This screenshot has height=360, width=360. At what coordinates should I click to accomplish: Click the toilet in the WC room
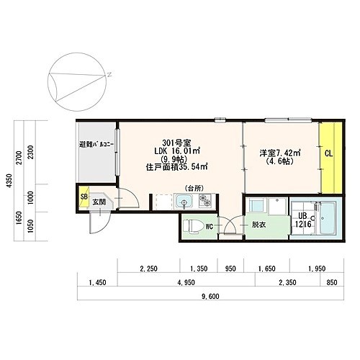[x=192, y=226]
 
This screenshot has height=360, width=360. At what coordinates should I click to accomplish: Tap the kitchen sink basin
[x=184, y=201]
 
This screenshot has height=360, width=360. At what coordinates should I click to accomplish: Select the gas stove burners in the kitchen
[x=205, y=200]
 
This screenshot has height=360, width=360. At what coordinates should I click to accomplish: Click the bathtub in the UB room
[x=328, y=218]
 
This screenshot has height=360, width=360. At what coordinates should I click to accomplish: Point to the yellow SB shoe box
[x=84, y=197]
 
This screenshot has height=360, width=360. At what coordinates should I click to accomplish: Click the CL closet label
[x=329, y=153]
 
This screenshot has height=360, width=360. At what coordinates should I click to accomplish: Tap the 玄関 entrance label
[x=99, y=202]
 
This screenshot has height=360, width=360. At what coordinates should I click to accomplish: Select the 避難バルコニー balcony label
[x=96, y=145]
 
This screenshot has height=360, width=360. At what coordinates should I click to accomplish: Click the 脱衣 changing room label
[x=258, y=225]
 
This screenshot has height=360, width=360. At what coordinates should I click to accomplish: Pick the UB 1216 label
[x=303, y=220]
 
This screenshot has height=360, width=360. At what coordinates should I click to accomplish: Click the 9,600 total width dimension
[x=210, y=297]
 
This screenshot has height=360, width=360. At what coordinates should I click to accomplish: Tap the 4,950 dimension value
[x=186, y=282]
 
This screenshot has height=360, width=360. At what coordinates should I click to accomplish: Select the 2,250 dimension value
[x=148, y=269]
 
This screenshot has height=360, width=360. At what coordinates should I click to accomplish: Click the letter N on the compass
[x=109, y=74]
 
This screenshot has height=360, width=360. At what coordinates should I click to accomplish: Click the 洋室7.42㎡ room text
[x=280, y=153]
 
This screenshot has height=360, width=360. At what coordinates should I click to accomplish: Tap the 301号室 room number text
[x=176, y=143]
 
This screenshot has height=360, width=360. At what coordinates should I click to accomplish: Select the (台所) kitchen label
[x=194, y=189]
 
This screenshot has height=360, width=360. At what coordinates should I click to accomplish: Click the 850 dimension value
[x=332, y=282]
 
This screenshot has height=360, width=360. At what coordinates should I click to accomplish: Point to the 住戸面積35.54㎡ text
[x=176, y=167]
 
